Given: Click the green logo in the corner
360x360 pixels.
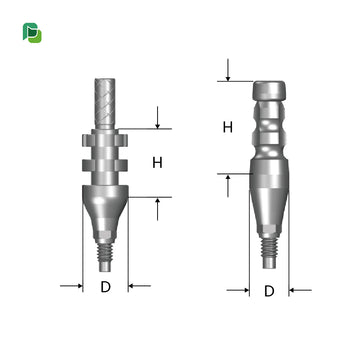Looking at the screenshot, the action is pos(32,33).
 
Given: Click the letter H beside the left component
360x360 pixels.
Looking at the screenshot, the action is pos(157,163).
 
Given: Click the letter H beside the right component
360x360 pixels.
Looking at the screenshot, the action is pos(228,127).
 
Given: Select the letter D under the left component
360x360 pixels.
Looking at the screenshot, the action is pos(105,287).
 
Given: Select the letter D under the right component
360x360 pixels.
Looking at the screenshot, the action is pos(269,291).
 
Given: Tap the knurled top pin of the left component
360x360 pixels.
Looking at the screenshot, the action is pos(105,103).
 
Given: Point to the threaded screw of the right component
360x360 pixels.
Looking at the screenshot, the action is pos(269,248).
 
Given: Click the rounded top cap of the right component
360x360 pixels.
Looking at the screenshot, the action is pos(269,90).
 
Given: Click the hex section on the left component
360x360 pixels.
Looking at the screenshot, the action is pos(105,236).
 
